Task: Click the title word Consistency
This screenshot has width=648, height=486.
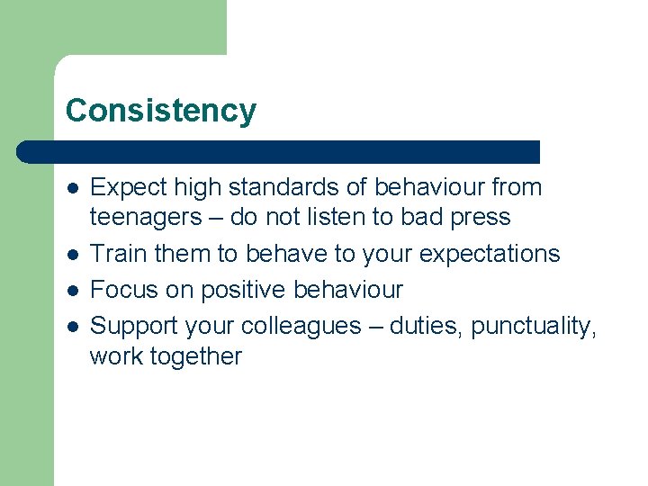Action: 160,111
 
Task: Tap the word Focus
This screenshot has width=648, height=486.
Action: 124,290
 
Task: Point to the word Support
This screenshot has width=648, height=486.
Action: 134,327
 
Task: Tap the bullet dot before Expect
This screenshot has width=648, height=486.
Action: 71,189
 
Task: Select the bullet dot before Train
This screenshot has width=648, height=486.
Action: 71,256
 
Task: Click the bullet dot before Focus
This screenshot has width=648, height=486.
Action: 71,292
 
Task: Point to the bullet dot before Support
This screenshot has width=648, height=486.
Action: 71,328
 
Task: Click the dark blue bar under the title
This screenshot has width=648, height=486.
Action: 279,152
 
